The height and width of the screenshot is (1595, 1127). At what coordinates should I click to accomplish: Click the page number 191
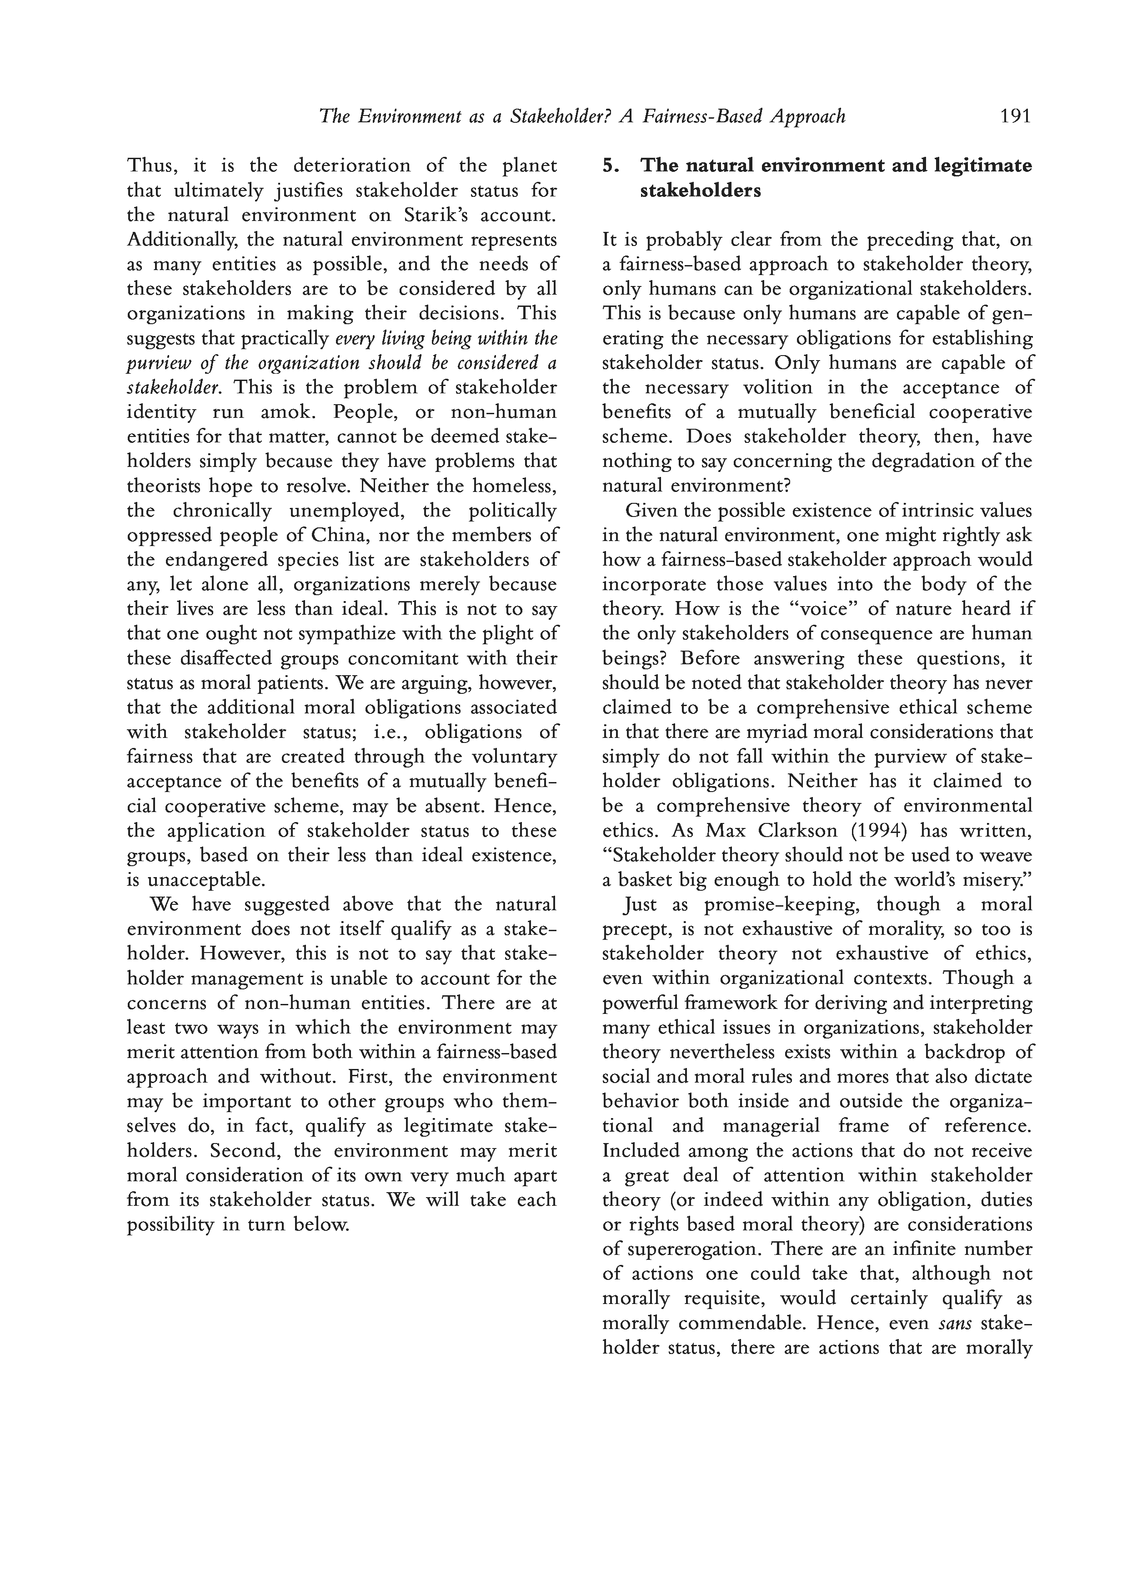[x=1015, y=116]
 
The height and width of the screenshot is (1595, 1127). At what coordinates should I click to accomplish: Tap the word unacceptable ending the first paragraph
[x=205, y=880]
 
